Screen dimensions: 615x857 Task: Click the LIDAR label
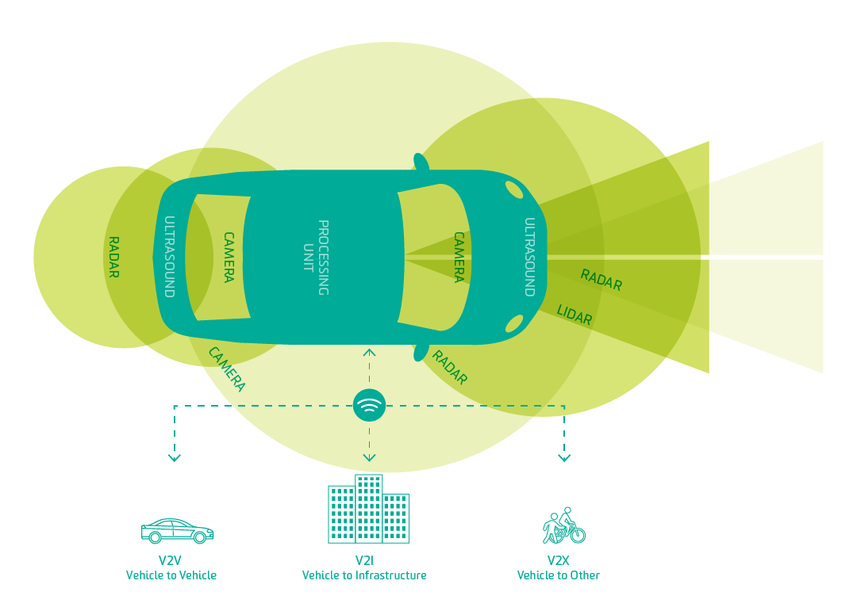click(x=575, y=315)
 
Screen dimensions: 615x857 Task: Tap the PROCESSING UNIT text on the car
click(x=316, y=258)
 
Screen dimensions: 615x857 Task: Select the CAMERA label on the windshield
click(x=459, y=258)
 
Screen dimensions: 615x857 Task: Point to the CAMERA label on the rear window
click(x=228, y=258)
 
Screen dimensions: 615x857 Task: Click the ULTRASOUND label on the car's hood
click(x=529, y=258)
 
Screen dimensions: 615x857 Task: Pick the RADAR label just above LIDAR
click(x=601, y=280)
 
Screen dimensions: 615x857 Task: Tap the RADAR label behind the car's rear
click(x=113, y=258)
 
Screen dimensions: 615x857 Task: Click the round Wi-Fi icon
click(x=369, y=406)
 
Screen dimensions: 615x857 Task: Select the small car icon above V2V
click(x=177, y=531)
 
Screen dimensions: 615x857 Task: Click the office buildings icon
click(x=368, y=510)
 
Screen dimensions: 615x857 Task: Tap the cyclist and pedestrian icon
click(x=563, y=526)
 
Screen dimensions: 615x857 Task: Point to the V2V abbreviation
click(x=170, y=561)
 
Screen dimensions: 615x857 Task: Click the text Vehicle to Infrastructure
click(x=364, y=575)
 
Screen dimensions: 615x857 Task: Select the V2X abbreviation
click(x=558, y=561)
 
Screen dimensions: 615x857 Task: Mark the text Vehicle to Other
click(x=558, y=575)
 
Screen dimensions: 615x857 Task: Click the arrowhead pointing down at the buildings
click(x=369, y=457)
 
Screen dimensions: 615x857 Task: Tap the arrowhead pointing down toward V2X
click(x=564, y=457)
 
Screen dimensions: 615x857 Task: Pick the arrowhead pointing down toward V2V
click(x=175, y=457)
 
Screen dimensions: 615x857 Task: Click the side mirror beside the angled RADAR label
click(x=421, y=351)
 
